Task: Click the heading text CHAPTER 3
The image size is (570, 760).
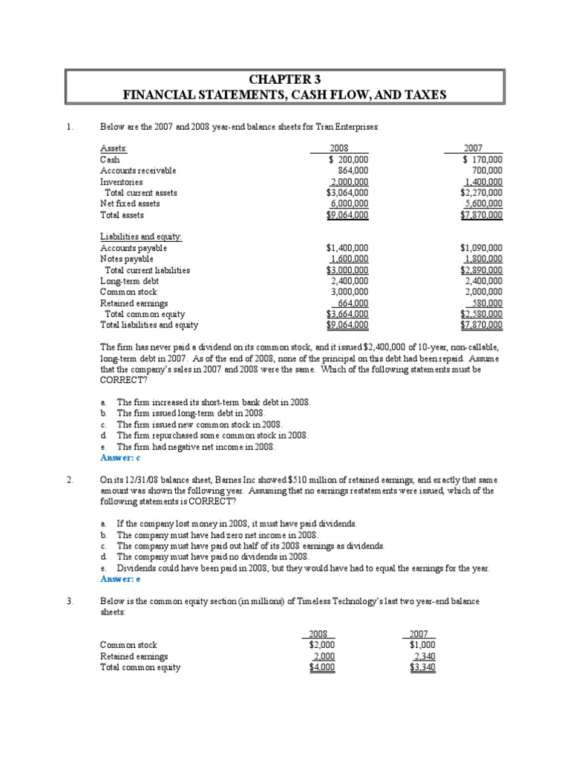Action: pyautogui.click(x=285, y=79)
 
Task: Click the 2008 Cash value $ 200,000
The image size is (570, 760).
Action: pyautogui.click(x=347, y=159)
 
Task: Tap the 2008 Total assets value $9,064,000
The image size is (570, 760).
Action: pyautogui.click(x=347, y=214)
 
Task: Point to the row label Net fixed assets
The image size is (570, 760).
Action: pyautogui.click(x=130, y=203)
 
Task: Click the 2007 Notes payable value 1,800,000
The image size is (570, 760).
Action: pyautogui.click(x=482, y=259)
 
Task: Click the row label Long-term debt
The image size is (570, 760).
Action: pyautogui.click(x=129, y=281)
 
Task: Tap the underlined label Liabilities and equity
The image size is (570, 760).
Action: pyautogui.click(x=141, y=237)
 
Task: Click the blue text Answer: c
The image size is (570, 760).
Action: pyautogui.click(x=121, y=458)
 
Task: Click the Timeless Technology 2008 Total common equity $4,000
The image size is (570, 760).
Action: pyautogui.click(x=322, y=667)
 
